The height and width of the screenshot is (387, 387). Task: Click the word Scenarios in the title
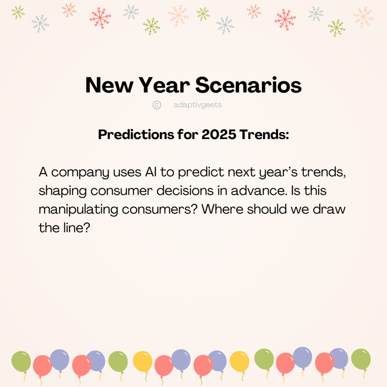point(248,85)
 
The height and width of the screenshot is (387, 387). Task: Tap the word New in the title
point(109,85)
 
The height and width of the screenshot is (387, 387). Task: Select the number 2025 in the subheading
point(219,135)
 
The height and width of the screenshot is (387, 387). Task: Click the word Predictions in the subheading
point(136,135)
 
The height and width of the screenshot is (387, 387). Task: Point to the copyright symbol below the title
point(157,105)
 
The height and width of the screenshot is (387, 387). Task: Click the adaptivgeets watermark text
point(198,105)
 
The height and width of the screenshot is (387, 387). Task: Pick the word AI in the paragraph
point(151,172)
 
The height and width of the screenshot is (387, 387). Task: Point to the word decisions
point(185,191)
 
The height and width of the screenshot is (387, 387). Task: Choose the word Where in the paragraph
point(222,209)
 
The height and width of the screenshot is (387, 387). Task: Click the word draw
point(329,209)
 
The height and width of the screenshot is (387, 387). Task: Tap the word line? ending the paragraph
point(77,228)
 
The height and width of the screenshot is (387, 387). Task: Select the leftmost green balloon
point(21,362)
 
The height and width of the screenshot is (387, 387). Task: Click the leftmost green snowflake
point(18,12)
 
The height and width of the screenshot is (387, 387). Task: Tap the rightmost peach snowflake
point(364,17)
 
